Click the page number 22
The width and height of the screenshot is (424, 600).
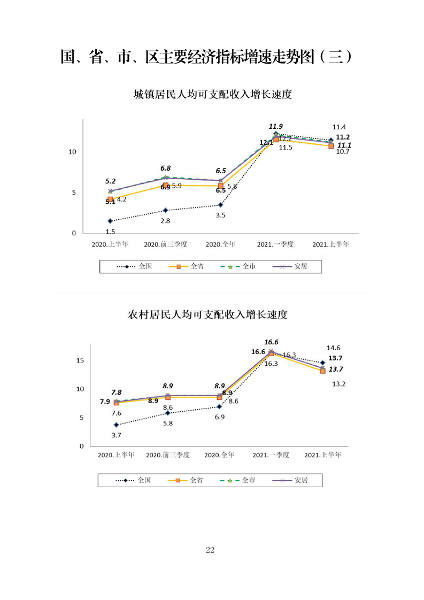point(210,550)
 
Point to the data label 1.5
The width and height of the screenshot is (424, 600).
point(110,231)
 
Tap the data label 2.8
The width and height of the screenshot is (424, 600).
point(166,220)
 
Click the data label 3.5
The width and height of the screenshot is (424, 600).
point(220,215)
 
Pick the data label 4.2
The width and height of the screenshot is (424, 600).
point(121,199)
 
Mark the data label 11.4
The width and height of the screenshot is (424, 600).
point(339,127)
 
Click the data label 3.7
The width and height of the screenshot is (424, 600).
point(116,435)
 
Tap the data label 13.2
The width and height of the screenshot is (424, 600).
point(340,383)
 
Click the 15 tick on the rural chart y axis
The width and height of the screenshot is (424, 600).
point(80,360)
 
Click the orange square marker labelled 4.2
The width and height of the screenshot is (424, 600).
point(111,199)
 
